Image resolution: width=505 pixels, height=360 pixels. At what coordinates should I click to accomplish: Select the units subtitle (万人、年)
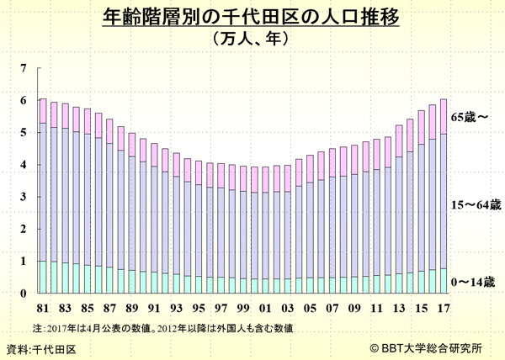coord(252,38)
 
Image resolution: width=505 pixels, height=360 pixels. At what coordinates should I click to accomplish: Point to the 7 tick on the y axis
coord(24,69)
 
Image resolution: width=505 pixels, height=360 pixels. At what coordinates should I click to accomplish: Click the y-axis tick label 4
coord(24,166)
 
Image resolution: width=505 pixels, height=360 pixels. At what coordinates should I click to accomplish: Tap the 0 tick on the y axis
coord(24,294)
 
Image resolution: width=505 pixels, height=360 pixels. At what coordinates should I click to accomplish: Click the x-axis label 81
coord(43,307)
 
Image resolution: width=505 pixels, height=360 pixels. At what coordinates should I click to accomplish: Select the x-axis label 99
coord(243,307)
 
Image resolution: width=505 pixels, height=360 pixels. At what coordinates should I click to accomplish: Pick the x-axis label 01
coord(266,307)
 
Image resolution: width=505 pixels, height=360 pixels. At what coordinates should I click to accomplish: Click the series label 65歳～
coord(470,117)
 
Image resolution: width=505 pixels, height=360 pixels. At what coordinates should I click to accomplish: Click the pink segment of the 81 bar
coord(43,111)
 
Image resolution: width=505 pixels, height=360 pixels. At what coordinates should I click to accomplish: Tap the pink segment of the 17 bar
coord(444,116)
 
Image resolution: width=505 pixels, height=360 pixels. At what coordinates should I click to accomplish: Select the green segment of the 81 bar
coord(43,277)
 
